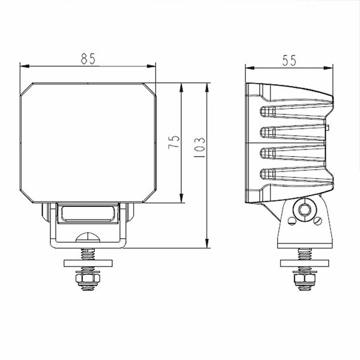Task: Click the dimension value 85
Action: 88,58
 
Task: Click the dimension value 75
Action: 174,142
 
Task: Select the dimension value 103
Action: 200,148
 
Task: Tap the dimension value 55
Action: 289,60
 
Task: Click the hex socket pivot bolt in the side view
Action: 303,210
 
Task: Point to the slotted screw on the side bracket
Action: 317,220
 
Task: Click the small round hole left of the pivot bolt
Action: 290,221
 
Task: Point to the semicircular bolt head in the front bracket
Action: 89,236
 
